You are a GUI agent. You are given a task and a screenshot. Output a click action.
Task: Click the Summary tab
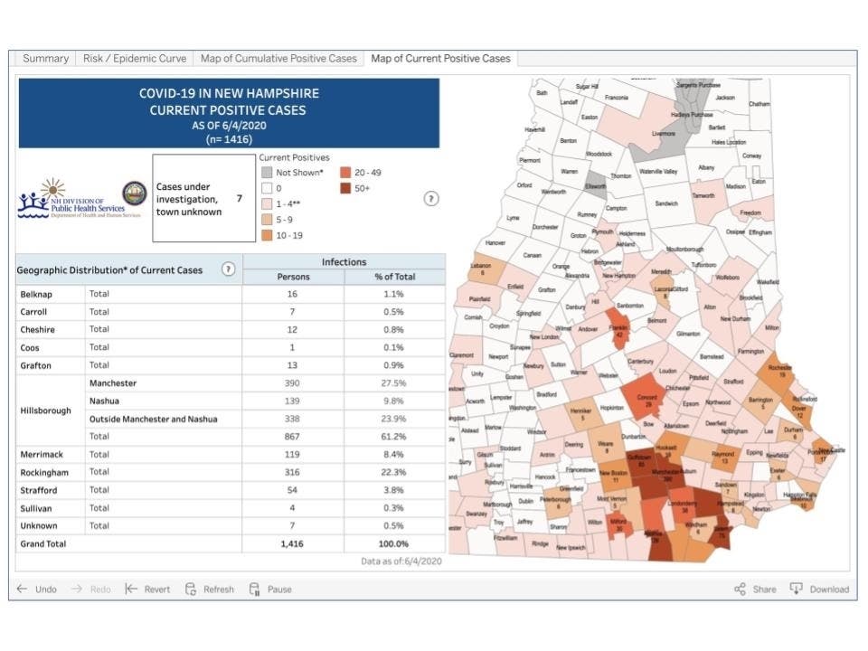[x=45, y=59]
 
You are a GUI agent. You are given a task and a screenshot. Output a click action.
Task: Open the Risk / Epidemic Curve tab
[x=135, y=59]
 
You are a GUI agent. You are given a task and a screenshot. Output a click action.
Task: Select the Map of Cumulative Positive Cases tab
[x=278, y=59]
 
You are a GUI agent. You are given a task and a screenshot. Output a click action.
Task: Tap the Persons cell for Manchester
[x=293, y=383]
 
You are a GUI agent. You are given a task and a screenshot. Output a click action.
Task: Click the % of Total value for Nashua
[x=395, y=401]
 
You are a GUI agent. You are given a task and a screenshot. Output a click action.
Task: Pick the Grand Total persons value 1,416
[x=293, y=543]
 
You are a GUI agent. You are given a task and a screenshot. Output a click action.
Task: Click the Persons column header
[x=293, y=277]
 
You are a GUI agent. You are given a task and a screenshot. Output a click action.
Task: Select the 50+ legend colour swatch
[x=346, y=188]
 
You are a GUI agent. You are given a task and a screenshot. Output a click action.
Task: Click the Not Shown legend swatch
[x=266, y=172]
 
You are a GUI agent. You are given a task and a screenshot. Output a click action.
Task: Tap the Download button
[x=820, y=589]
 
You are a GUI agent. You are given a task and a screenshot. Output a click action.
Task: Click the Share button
[x=755, y=589]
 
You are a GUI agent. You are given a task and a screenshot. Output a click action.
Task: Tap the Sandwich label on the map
[x=666, y=203]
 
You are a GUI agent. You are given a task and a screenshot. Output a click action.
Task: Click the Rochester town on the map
[x=777, y=370]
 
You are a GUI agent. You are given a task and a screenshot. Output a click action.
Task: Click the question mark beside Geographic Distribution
[x=228, y=269]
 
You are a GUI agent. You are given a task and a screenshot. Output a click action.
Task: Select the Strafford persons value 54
[x=293, y=490]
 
